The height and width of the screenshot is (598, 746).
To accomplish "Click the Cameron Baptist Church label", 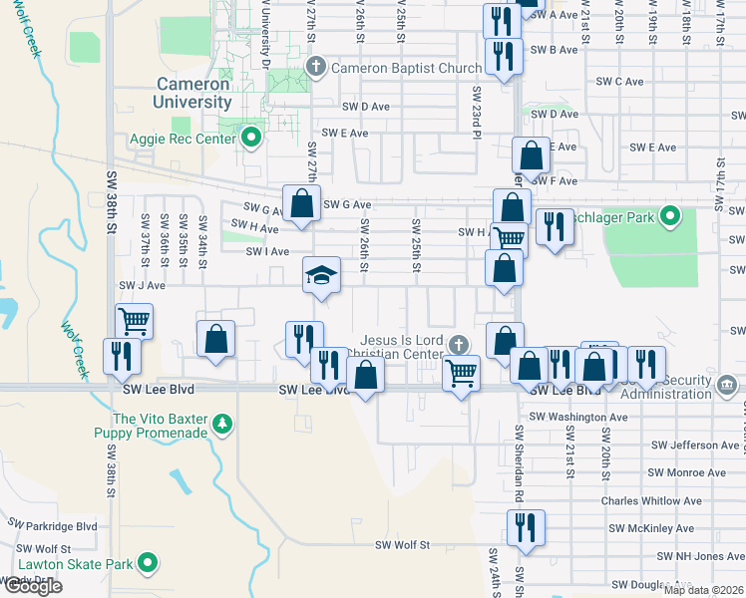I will click(x=406, y=69).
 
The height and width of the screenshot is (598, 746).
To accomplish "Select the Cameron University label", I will click(x=192, y=93).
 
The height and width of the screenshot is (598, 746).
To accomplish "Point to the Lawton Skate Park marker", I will click(x=149, y=564).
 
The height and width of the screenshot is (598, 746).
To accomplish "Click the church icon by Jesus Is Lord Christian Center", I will click(x=458, y=345).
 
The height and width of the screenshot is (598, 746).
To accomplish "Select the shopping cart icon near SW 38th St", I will click(x=133, y=321).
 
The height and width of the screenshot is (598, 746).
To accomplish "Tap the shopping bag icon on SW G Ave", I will click(x=301, y=203).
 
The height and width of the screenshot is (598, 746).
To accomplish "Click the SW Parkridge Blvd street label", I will click(x=53, y=524).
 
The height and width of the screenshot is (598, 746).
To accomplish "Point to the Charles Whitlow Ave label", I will click(x=650, y=501).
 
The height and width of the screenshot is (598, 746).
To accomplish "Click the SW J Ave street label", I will click(x=142, y=285).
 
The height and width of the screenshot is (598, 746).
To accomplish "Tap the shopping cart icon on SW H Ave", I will click(x=510, y=237).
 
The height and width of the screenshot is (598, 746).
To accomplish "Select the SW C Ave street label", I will click(x=621, y=82).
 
